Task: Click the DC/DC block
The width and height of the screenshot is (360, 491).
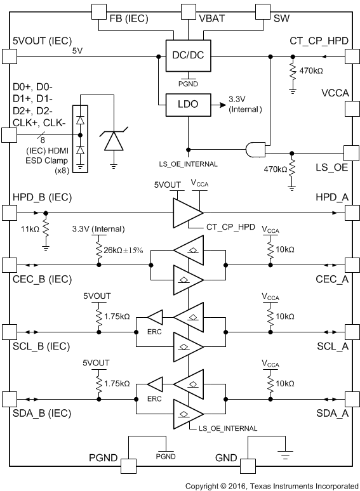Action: click(x=183, y=56)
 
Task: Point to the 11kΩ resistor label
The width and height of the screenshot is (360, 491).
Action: click(x=28, y=229)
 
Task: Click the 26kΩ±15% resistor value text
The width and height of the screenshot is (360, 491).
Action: click(x=126, y=250)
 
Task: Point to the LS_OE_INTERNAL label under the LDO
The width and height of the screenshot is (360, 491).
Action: click(x=189, y=164)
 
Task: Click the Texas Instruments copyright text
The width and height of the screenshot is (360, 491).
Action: click(x=271, y=485)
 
